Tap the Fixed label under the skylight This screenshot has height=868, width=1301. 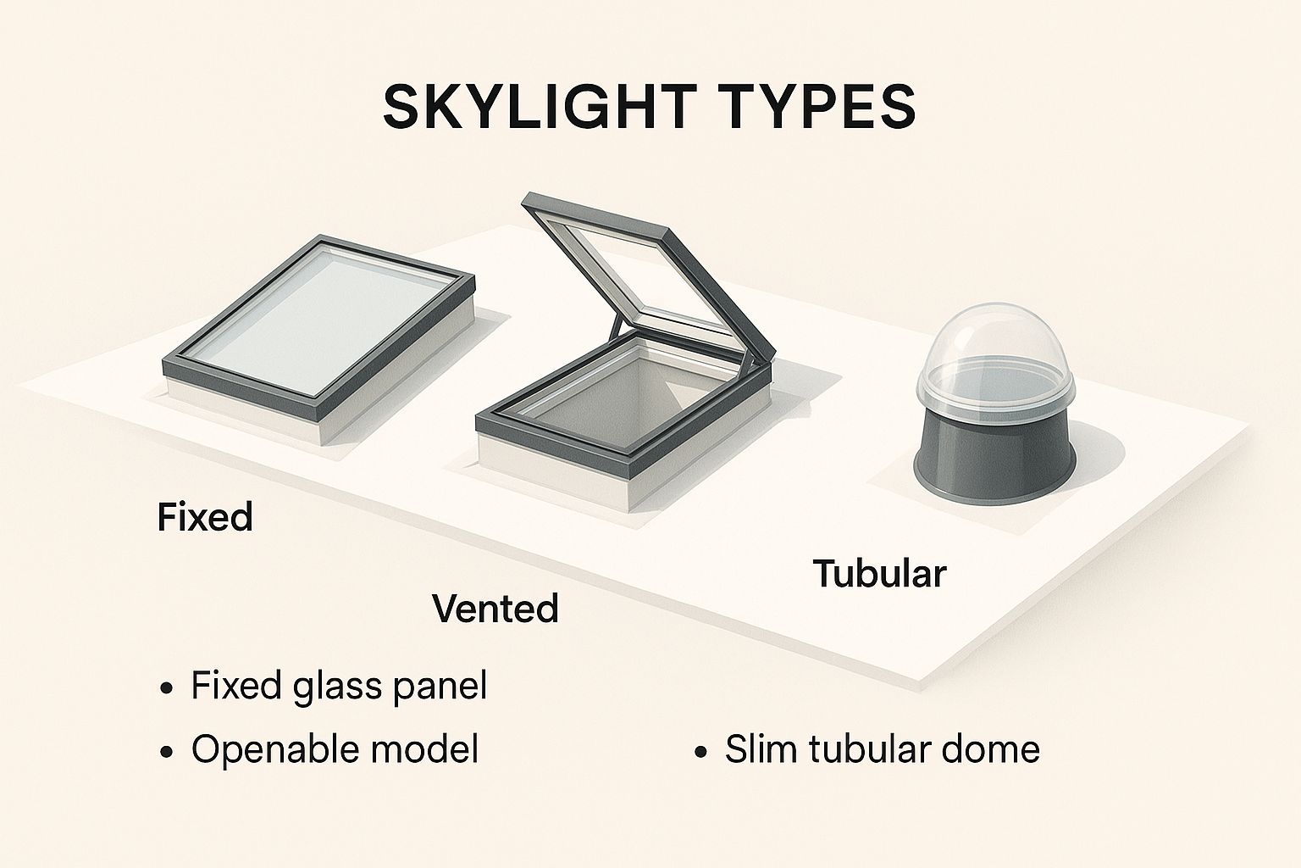tap(205, 517)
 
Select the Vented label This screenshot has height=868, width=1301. tap(495, 608)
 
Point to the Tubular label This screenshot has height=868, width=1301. tap(879, 573)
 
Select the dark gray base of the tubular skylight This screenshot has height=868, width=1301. tap(995, 462)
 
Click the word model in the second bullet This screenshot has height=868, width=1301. tap(418, 748)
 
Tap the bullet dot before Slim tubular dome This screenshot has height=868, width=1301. tap(701, 752)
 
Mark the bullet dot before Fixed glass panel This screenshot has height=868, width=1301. tap(167, 689)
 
